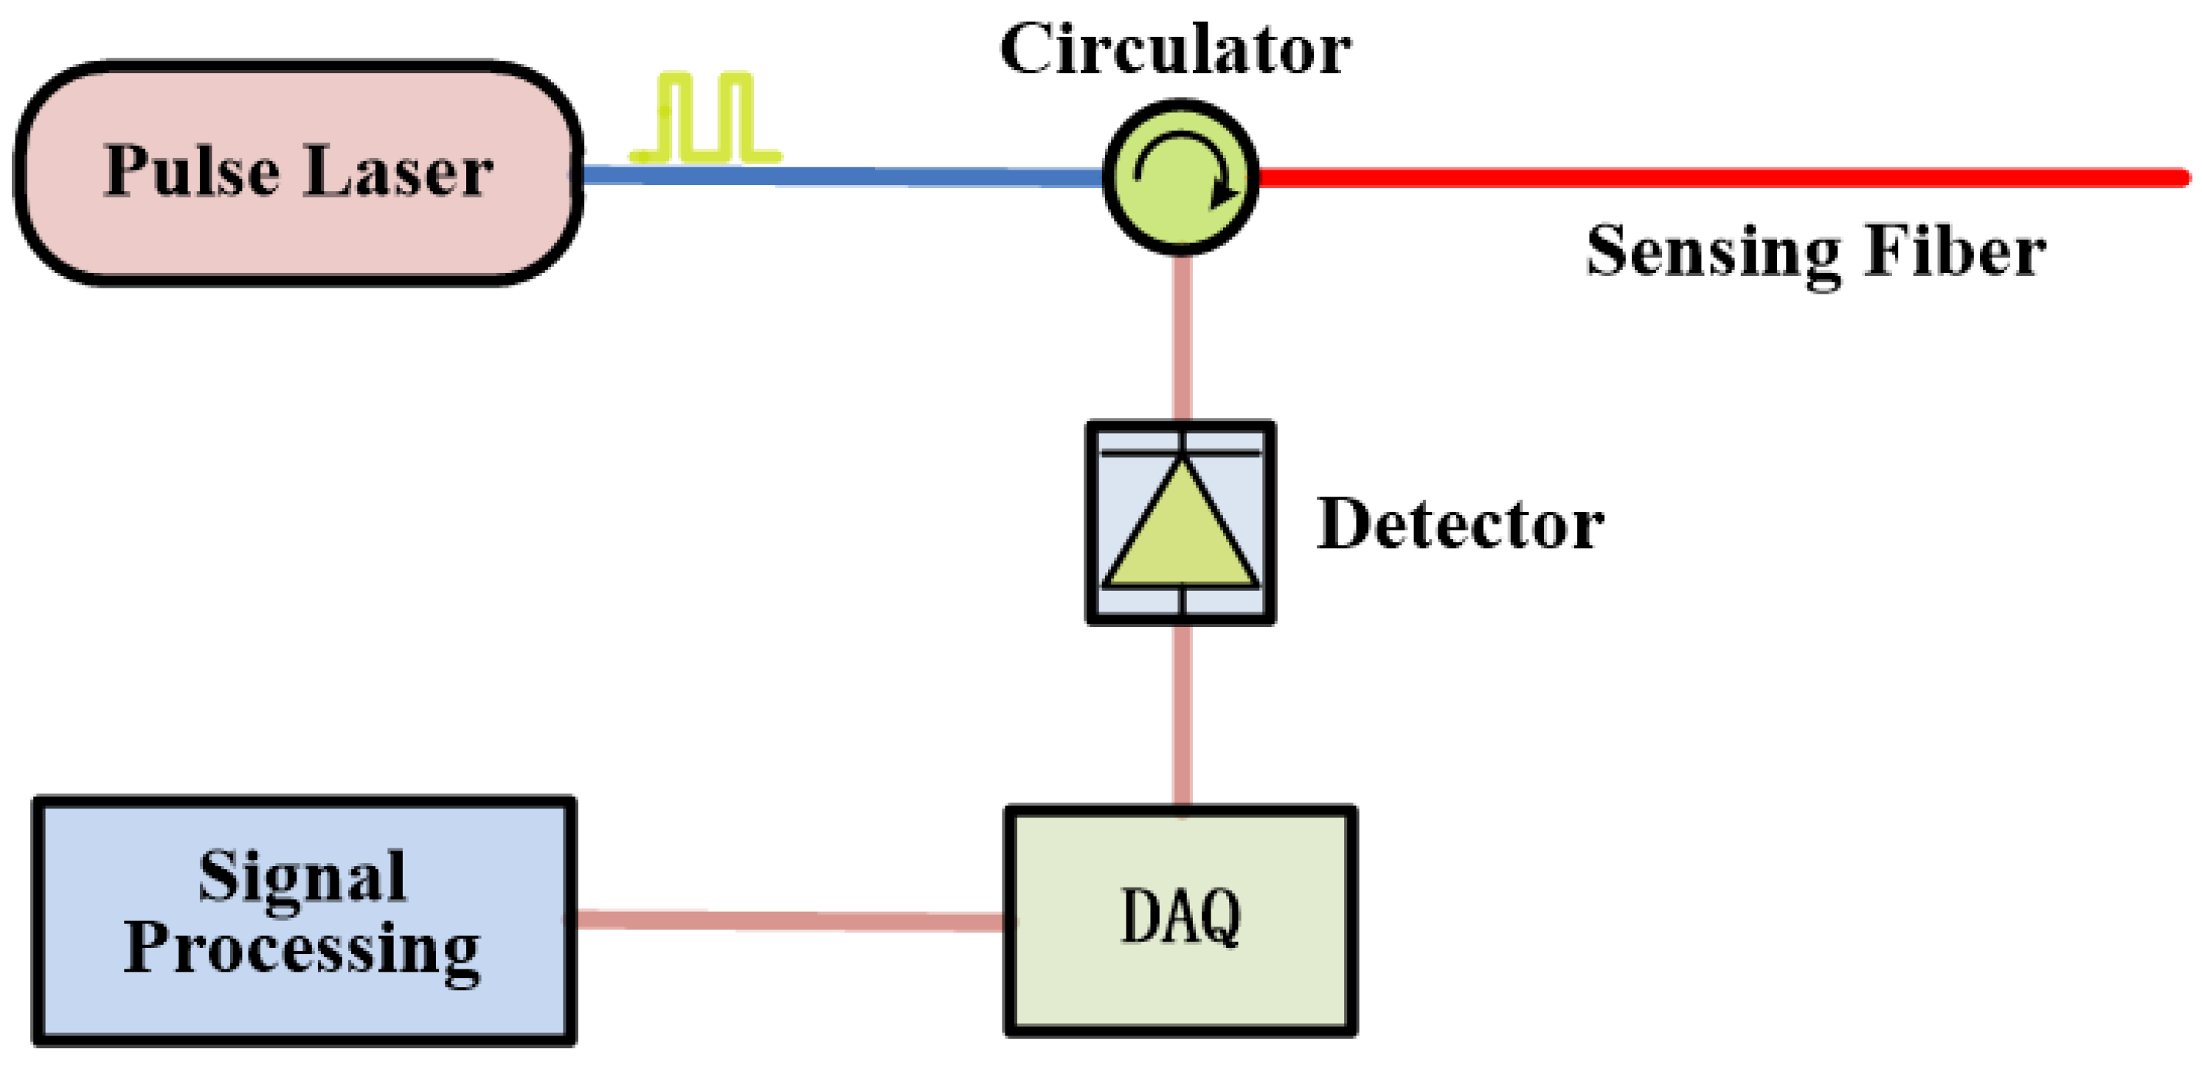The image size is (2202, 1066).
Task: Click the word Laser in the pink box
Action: click(398, 172)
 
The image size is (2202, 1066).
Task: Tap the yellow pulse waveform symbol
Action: click(705, 120)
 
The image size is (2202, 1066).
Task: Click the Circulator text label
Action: click(1175, 49)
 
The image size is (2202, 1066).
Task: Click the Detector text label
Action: click(1460, 524)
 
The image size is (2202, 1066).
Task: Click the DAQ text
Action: click(1180, 916)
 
